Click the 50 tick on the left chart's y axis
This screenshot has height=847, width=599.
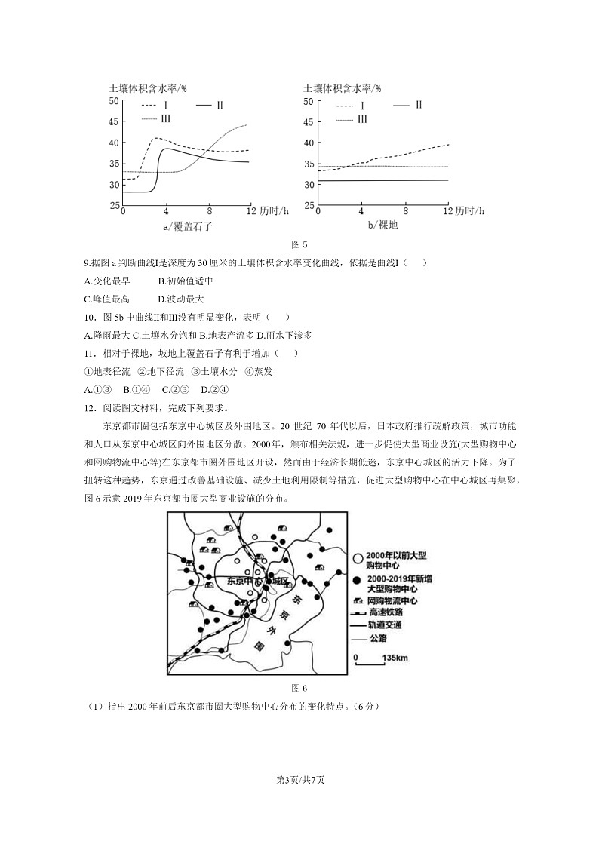pos(115,100)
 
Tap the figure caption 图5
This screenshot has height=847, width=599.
pos(299,244)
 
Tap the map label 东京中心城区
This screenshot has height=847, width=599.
pos(257,582)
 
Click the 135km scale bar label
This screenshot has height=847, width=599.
pos(395,658)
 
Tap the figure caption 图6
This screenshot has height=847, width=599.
pos(299,687)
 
